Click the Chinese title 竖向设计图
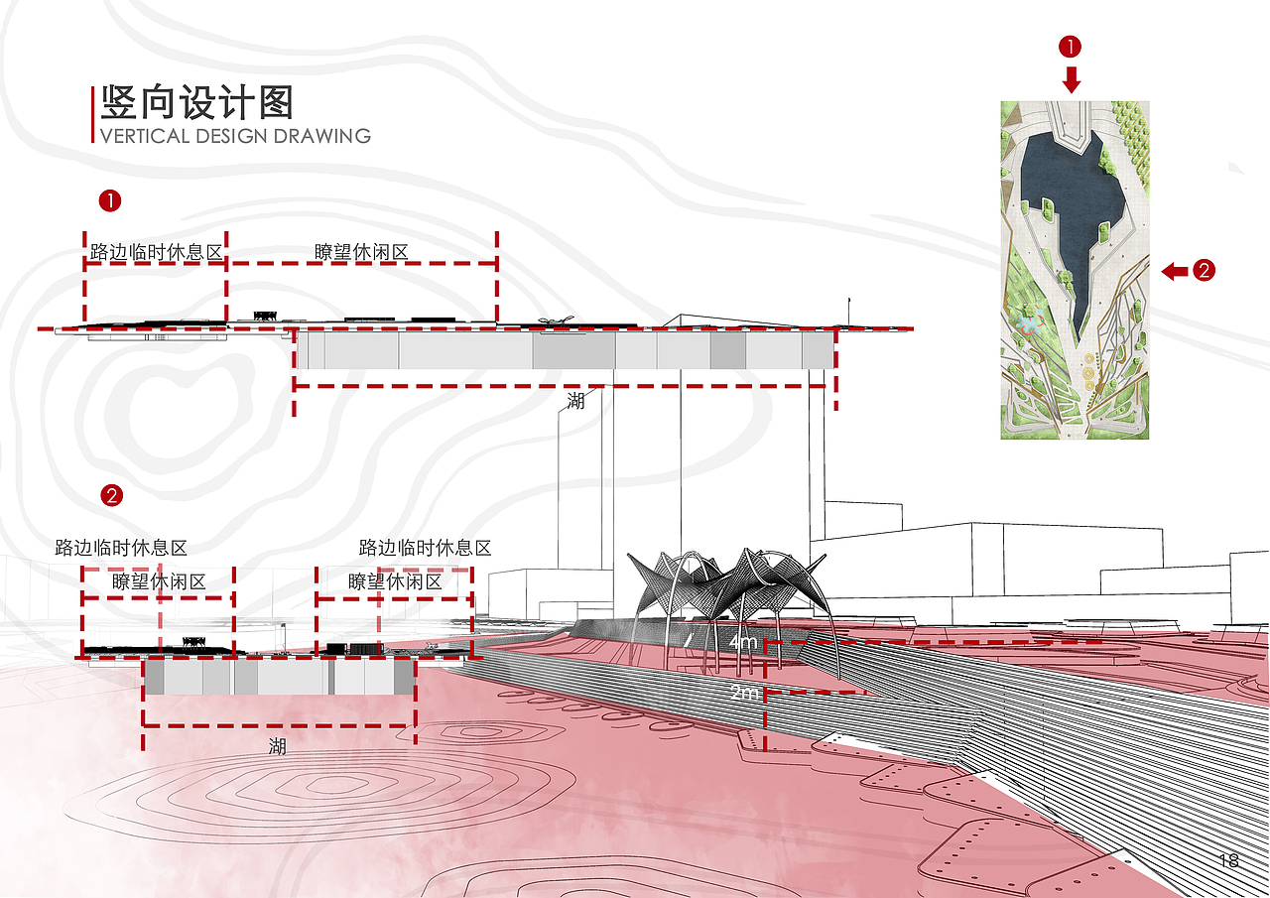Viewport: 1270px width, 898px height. (x=195, y=103)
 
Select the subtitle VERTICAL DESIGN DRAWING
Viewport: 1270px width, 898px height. (x=235, y=136)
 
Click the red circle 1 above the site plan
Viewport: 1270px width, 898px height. (x=1071, y=46)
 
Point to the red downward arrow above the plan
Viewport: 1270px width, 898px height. (x=1071, y=79)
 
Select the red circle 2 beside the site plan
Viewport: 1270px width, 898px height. (x=1203, y=270)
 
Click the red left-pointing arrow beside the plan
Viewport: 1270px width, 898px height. (x=1175, y=270)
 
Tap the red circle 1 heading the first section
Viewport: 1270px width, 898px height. (x=109, y=200)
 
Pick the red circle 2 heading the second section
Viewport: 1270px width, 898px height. (x=112, y=494)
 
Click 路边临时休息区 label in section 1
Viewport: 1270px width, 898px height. (x=156, y=252)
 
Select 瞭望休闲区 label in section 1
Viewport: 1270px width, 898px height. (x=361, y=252)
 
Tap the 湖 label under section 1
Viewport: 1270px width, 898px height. (x=575, y=401)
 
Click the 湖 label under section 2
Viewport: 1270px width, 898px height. (x=277, y=746)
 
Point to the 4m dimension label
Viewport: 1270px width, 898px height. (x=742, y=643)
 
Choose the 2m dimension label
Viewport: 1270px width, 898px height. (x=743, y=694)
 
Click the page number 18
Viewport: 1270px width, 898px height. (x=1228, y=860)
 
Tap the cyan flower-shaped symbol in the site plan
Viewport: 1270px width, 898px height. (x=1025, y=322)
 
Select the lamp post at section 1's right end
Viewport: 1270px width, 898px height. (x=848, y=310)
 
